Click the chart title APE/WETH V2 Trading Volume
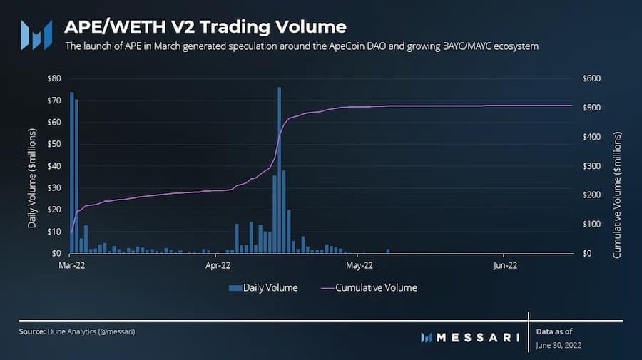(x=205, y=27)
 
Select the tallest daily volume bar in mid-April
(x=279, y=170)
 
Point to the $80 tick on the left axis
(x=52, y=78)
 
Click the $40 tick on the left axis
(x=52, y=165)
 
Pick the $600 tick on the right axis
(x=593, y=78)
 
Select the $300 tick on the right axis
(x=593, y=165)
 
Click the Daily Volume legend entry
(x=263, y=288)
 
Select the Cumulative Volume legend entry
(x=369, y=288)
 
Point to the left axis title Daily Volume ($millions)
(x=32, y=178)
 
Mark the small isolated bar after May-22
(x=388, y=251)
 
